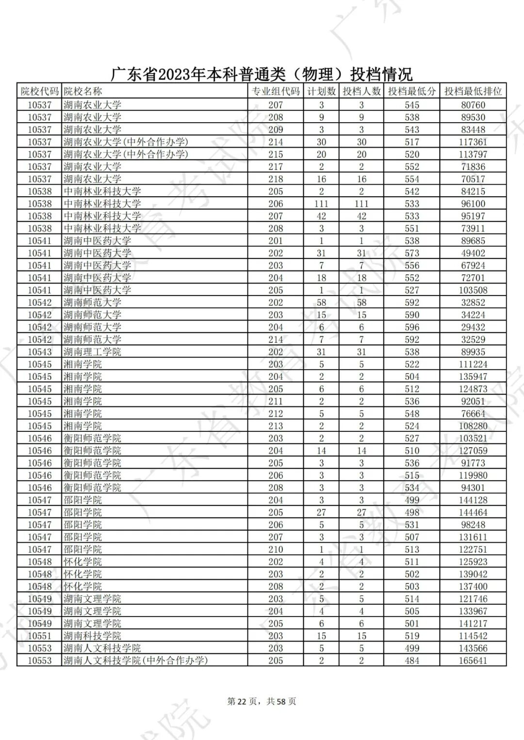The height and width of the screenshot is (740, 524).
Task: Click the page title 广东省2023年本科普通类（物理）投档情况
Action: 262,74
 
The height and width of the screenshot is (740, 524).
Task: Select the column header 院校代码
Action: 39,91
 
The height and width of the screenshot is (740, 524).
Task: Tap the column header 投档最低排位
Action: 473,91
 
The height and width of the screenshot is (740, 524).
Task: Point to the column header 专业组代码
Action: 276,91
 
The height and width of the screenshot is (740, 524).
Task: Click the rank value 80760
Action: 473,105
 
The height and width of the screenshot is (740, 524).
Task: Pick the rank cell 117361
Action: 473,142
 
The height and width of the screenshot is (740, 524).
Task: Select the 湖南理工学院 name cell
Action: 92,352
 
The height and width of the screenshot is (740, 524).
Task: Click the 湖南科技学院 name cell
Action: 92,636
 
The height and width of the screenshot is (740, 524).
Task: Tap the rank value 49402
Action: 473,253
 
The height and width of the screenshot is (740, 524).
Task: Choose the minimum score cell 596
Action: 412,327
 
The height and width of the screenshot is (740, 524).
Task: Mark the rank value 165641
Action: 473,661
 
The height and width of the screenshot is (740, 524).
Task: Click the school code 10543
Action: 39,352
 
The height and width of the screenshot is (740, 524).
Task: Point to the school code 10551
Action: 39,636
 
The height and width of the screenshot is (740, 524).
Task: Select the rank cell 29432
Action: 473,327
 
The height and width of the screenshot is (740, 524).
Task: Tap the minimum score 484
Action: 412,661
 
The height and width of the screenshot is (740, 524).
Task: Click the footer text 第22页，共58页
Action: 262,701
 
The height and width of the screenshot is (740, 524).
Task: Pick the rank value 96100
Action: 473,204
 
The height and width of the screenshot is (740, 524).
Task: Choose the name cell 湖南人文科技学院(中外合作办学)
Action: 135,661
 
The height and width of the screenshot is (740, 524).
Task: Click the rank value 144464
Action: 473,512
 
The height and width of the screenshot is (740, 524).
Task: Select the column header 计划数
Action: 321,91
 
